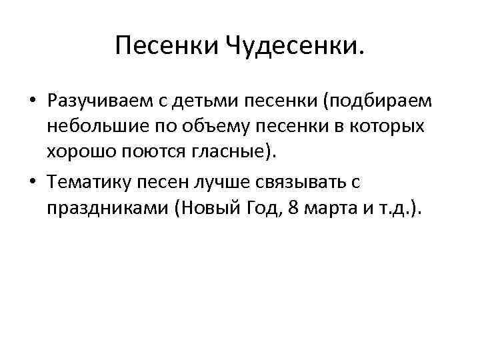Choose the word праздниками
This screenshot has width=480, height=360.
pos(107,208)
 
